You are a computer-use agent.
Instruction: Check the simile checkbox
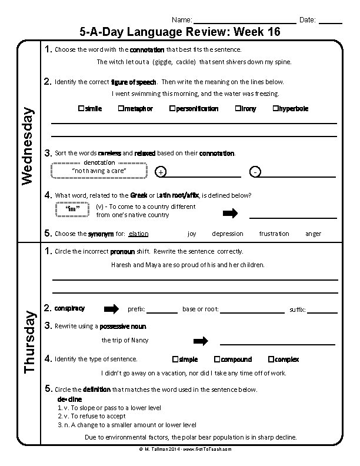point(80,109)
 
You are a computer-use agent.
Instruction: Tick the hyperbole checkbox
point(275,109)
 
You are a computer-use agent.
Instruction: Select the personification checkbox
point(172,109)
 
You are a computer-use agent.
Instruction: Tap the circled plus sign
point(161,172)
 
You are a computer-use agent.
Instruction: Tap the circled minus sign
point(255,172)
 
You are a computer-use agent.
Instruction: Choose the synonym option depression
point(227,234)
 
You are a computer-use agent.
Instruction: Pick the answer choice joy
point(192,234)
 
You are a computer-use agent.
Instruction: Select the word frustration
point(274,234)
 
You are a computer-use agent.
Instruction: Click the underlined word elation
point(138,234)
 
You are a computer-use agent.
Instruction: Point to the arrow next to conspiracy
point(111,309)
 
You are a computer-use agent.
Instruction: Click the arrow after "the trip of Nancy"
point(201,341)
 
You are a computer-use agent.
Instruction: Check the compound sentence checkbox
point(217,359)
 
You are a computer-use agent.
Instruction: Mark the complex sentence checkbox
point(271,359)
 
